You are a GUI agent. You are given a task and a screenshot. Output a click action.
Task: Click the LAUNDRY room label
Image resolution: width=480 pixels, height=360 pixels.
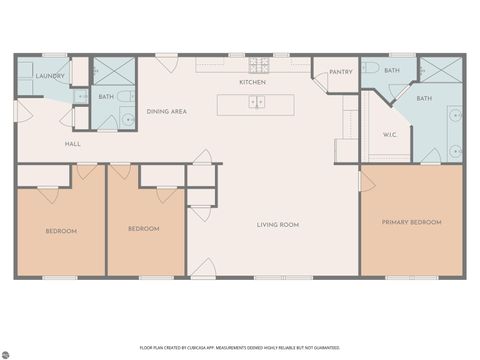click(x=50, y=76)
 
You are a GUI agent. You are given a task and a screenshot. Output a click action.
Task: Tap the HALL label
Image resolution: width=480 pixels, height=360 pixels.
click(x=73, y=144)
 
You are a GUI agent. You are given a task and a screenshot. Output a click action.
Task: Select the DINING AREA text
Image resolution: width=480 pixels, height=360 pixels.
click(x=167, y=112)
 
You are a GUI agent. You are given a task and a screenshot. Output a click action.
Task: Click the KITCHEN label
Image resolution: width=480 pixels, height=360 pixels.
click(x=252, y=82)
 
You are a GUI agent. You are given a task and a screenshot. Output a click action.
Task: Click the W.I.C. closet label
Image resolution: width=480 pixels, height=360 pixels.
click(x=390, y=134)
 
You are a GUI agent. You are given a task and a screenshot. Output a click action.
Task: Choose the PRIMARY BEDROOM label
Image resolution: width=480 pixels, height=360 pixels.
click(x=412, y=221)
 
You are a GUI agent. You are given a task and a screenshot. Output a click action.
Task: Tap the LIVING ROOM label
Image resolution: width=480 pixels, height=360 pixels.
click(x=278, y=225)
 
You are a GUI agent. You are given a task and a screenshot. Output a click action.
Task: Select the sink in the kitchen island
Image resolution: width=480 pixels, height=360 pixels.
click(x=257, y=103)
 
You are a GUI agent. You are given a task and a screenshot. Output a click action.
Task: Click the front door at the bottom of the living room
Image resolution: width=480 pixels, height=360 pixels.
click(x=204, y=268)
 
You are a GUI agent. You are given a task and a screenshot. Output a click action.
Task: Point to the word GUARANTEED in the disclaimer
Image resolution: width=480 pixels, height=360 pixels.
click(x=325, y=346)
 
